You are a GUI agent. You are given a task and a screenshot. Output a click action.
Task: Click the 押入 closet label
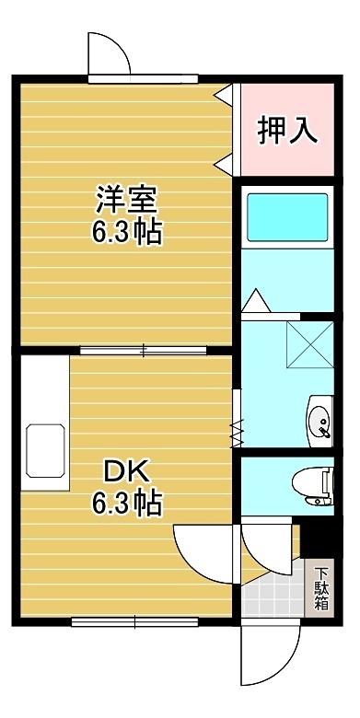click(x=287, y=130)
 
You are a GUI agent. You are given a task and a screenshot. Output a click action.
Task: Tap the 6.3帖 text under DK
click(x=125, y=504)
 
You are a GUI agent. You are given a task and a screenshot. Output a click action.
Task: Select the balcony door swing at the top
click(x=111, y=56)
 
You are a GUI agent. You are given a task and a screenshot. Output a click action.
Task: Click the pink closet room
click(x=287, y=129)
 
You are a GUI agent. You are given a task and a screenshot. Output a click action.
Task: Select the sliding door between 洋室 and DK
click(x=144, y=350)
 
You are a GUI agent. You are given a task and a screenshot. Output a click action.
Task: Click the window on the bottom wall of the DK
click(x=134, y=621)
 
